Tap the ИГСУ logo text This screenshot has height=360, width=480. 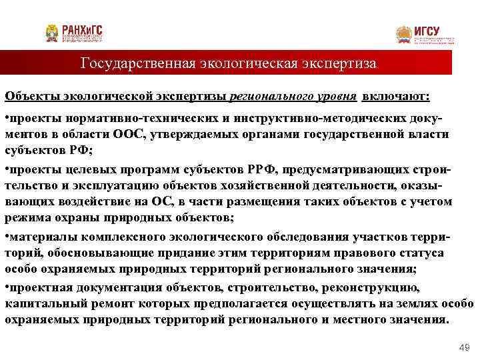(427, 31)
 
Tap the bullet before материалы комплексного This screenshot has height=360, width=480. (7, 238)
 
